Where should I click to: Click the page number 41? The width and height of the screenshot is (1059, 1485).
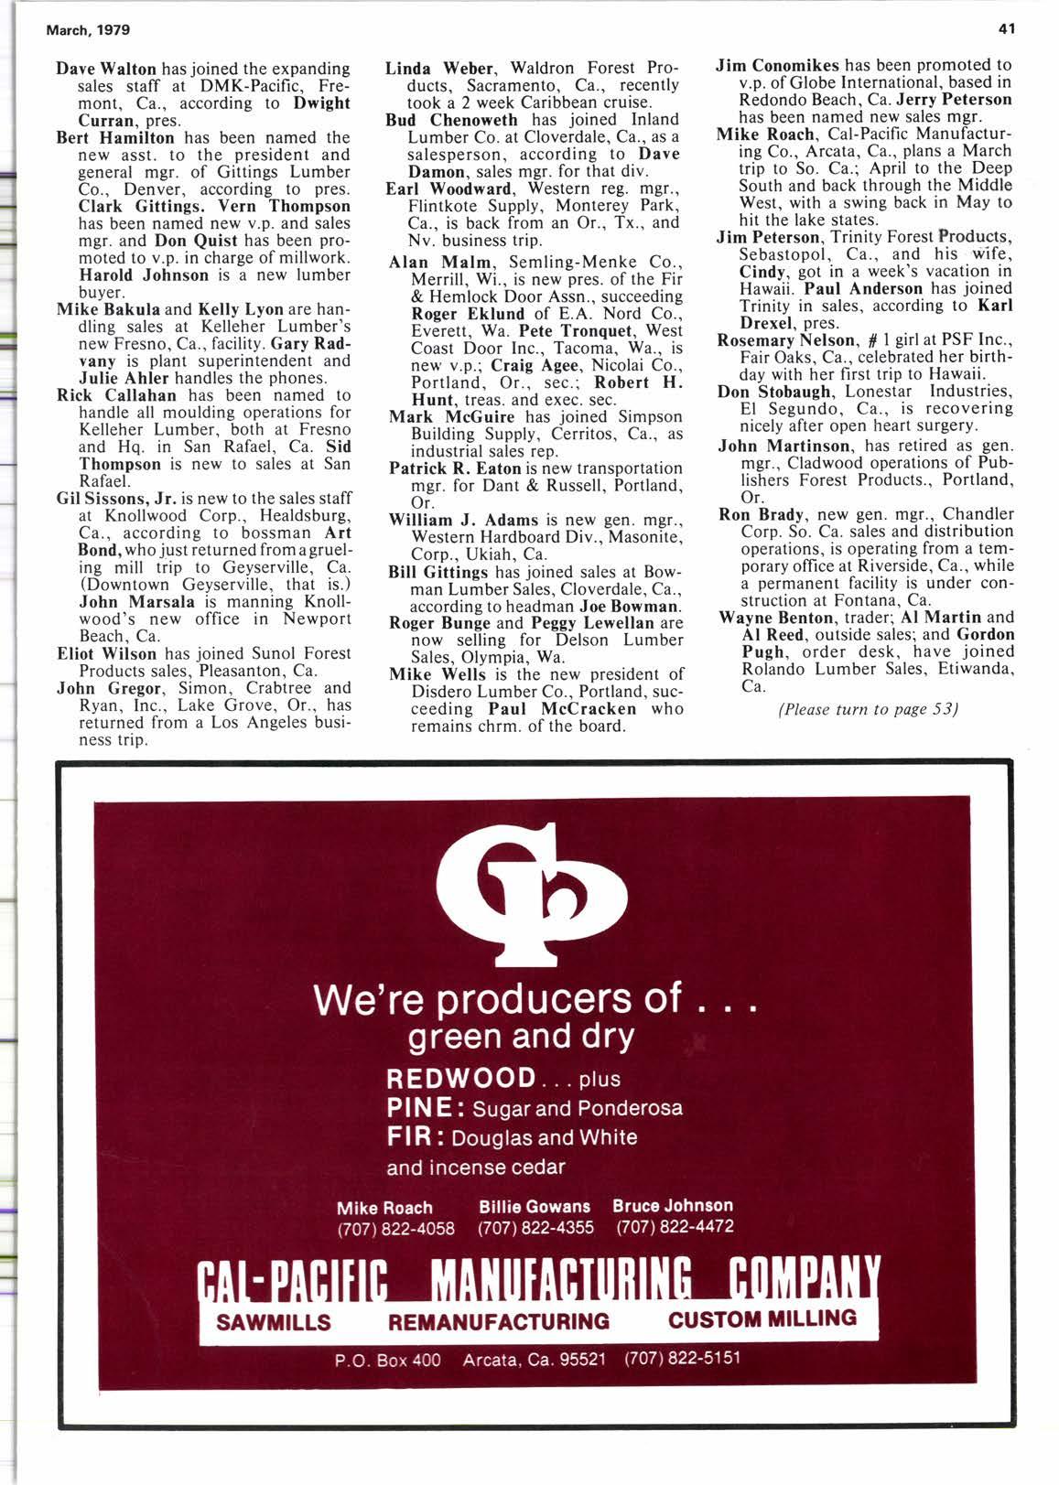point(1007,29)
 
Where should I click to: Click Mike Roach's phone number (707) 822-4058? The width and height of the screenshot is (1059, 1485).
point(396,1228)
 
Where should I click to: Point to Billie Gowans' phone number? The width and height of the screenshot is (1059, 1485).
point(535,1227)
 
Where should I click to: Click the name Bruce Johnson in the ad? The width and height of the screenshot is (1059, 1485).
point(673,1206)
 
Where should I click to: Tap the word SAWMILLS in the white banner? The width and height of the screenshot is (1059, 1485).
point(274,1322)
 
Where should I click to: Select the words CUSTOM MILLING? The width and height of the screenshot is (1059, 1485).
point(762,1319)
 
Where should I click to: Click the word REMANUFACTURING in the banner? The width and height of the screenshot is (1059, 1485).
point(499,1321)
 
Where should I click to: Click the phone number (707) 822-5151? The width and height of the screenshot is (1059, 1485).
point(682,1358)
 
